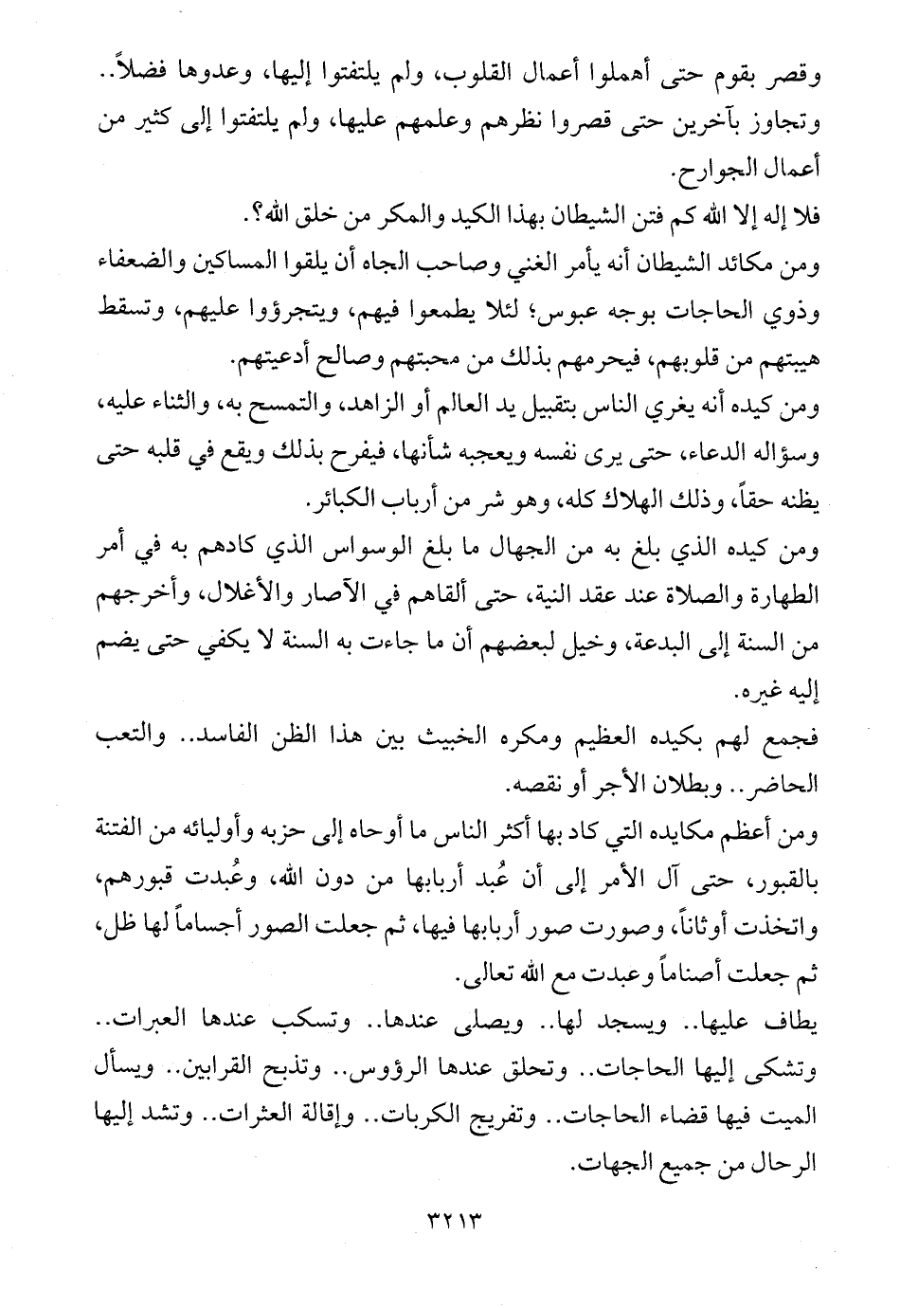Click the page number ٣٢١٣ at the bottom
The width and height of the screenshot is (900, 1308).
point(449,1212)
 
